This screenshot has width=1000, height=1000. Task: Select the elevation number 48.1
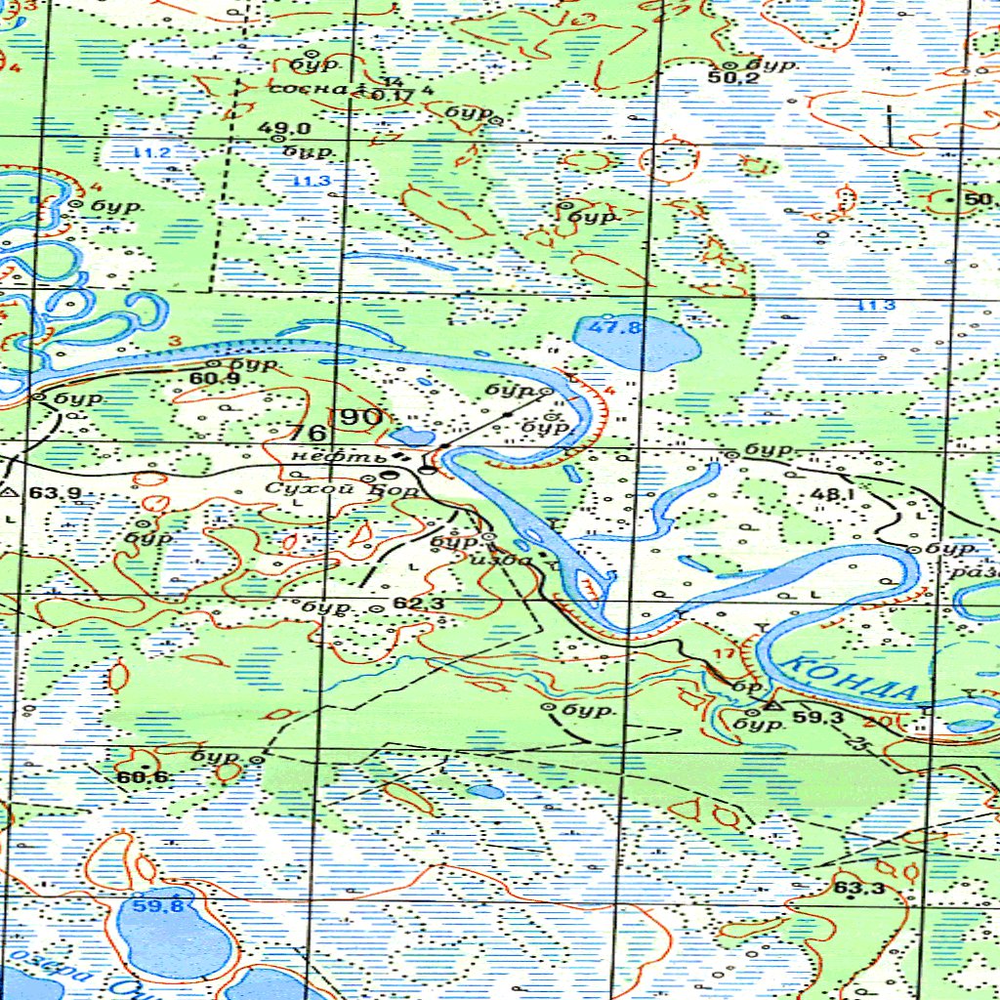pos(832,495)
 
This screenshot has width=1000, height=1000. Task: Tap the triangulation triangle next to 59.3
pos(771,705)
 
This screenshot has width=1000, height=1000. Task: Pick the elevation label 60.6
pos(142,777)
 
